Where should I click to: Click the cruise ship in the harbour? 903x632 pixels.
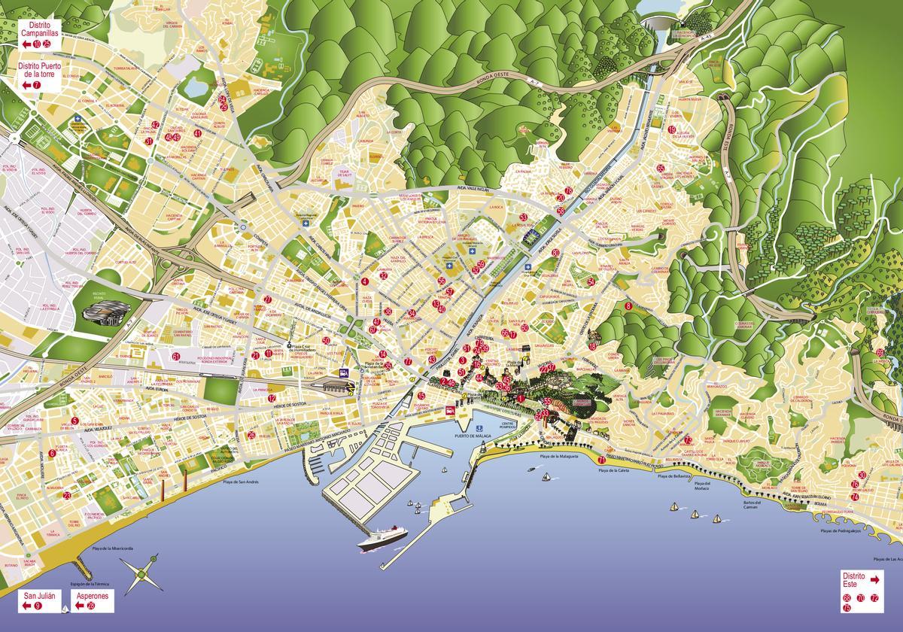[x=383, y=536]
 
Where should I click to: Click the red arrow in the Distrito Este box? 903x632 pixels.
[x=874, y=580]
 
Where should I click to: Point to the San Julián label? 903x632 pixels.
[x=39, y=600]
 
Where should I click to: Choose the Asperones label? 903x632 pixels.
[x=91, y=596]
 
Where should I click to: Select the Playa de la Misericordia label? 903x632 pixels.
[x=112, y=548]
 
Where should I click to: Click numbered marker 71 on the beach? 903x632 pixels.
[x=601, y=460]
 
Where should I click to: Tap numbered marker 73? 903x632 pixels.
[x=689, y=439]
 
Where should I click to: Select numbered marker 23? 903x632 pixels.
[x=67, y=495]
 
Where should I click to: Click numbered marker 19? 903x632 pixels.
[x=671, y=129]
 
